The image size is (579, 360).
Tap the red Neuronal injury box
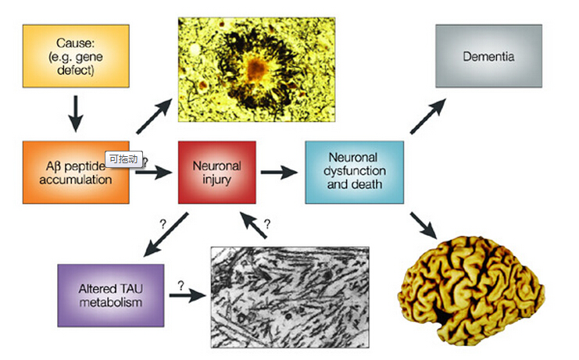(217, 173)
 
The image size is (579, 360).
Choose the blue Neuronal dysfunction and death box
(355, 173)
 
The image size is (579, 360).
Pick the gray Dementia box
(488, 55)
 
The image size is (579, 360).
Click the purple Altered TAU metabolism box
(110, 294)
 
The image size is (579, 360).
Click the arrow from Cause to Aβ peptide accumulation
(75, 114)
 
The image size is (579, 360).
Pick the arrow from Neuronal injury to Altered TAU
(166, 235)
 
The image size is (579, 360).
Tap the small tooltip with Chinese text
(123, 159)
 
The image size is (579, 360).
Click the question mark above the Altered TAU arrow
(163, 223)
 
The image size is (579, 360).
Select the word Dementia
(488, 56)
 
